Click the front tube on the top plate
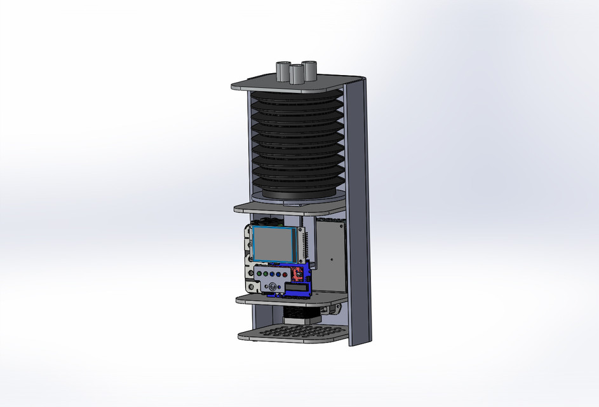(x=296, y=74)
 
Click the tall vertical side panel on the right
(x=360, y=210)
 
